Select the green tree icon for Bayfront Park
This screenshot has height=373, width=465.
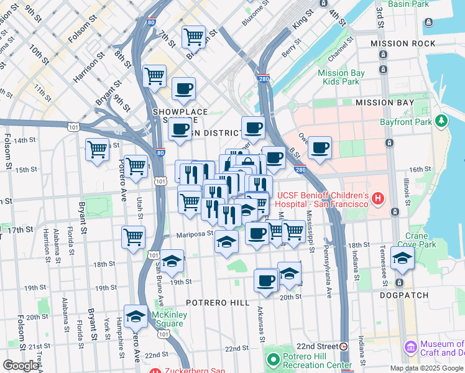441,121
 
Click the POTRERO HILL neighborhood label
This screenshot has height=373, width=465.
218,303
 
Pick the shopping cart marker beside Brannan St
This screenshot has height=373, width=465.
193,37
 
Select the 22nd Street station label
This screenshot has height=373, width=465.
316,346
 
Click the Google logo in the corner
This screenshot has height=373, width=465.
21,366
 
